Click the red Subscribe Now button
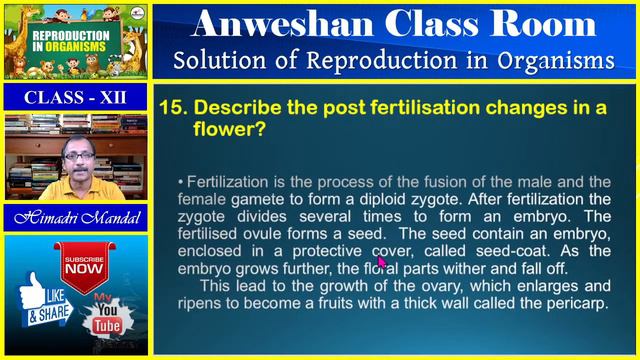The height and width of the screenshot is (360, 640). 84,266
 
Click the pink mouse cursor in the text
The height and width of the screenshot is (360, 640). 382,261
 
